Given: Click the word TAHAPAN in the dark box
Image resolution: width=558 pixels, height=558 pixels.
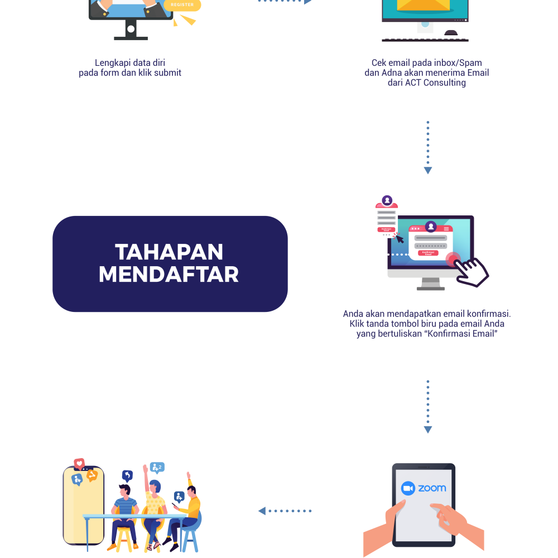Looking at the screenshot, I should tap(169, 252).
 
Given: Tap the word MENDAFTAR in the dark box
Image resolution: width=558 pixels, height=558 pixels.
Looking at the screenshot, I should tap(169, 275).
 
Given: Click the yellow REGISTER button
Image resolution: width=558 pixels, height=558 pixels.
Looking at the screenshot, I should tap(182, 5).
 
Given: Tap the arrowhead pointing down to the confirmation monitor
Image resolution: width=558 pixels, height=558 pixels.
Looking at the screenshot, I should tap(428, 170).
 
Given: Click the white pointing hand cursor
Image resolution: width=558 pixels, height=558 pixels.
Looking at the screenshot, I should tap(470, 271).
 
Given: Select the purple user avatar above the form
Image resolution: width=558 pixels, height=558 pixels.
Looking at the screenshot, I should tap(430, 226).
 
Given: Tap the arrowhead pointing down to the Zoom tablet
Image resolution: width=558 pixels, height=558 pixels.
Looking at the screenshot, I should tap(428, 430).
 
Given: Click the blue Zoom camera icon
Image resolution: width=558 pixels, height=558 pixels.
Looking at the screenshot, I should tap(408, 488).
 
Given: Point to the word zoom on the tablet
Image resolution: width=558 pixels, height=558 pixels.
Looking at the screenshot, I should tap(432, 488).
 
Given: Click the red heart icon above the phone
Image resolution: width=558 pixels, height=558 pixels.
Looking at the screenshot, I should tap(79, 463).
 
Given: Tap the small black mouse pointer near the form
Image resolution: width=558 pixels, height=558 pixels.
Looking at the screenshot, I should tap(400, 239).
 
